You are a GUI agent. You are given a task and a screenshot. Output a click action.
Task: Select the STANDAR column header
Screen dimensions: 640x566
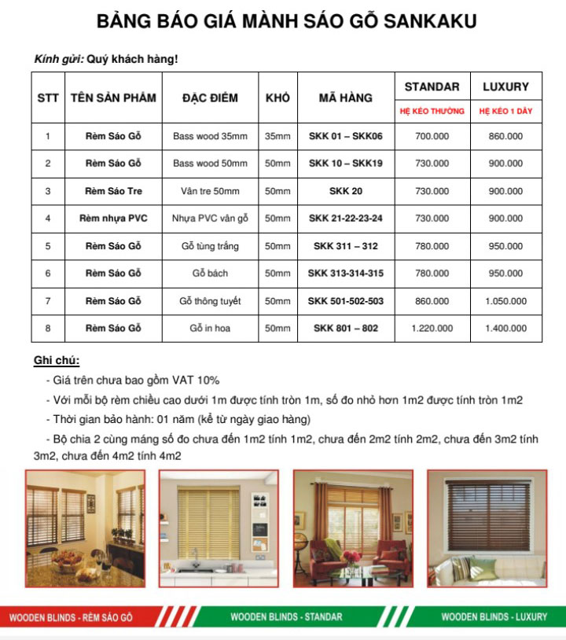pos(432,86)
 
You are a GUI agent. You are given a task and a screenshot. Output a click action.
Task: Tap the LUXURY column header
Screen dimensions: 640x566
pos(505,86)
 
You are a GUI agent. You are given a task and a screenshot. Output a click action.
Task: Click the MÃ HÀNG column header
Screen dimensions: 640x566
pos(345,98)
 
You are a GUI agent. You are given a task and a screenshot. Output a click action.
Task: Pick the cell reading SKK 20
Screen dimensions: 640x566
pos(345,191)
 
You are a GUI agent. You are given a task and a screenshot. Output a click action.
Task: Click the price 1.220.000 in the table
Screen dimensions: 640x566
pos(432,328)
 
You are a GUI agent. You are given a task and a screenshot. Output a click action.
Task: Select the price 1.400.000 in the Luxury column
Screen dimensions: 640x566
pos(505,328)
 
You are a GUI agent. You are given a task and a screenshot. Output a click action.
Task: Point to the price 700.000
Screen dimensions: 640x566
pos(432,136)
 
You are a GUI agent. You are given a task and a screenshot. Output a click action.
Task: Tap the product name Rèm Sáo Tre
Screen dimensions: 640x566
pos(113,191)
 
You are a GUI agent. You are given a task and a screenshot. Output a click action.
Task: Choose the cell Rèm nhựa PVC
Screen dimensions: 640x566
pos(113,219)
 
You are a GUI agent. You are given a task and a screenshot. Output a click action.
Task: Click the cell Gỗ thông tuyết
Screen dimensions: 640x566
pos(210,301)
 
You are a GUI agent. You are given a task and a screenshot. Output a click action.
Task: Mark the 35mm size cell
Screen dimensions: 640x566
pos(277,136)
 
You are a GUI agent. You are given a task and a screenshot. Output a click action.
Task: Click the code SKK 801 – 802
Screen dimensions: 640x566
pos(345,328)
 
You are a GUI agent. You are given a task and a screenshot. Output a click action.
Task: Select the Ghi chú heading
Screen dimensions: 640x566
pos(57,361)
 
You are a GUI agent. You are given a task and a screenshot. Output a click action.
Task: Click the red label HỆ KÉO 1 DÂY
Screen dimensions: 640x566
pos(505,111)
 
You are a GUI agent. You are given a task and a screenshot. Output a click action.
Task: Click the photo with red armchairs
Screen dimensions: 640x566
pos(353,528)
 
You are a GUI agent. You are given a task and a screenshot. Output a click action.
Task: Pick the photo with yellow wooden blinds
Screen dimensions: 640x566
pos(219,528)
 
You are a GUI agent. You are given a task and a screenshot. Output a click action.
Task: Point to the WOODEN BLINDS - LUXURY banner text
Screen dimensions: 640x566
pos(494,617)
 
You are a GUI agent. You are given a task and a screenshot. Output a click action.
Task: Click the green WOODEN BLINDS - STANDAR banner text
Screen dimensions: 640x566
pos(286,617)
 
